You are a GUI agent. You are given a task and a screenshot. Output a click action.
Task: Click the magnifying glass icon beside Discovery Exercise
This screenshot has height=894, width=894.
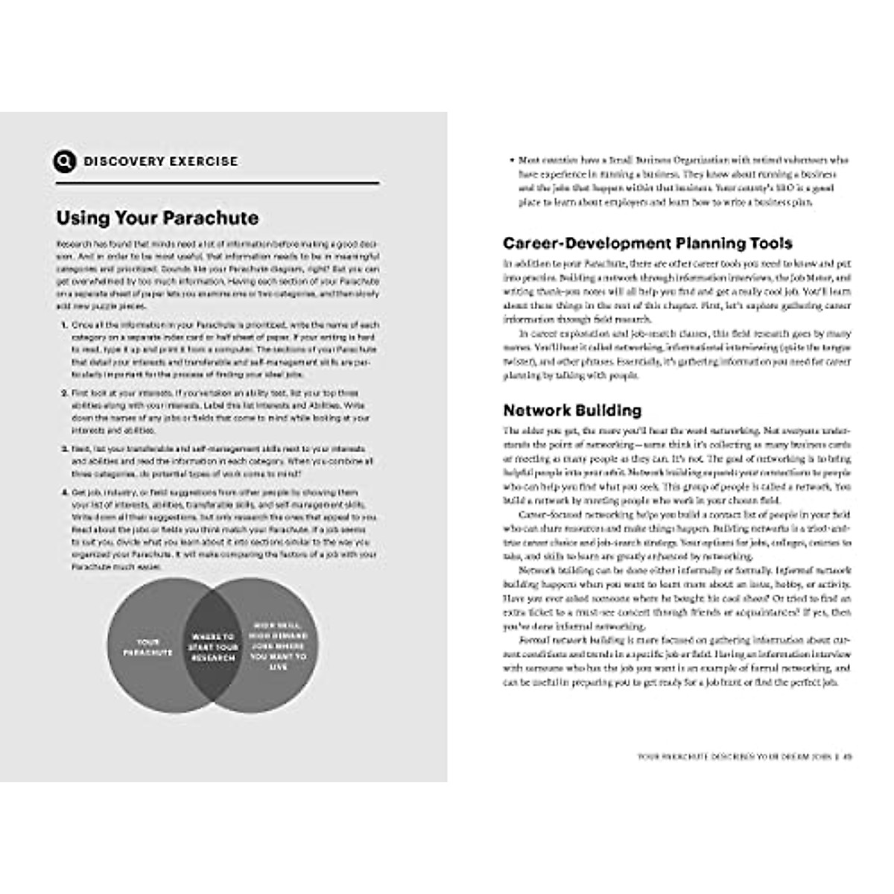65,161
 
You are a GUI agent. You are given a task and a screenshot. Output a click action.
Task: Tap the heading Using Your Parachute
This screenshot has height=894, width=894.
157,218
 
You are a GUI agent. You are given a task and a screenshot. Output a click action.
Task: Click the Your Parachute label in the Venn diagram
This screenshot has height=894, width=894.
148,647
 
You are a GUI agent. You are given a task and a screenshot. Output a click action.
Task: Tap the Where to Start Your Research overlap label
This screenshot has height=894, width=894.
213,647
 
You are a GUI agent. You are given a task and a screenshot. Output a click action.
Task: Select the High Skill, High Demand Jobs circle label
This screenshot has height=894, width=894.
278,647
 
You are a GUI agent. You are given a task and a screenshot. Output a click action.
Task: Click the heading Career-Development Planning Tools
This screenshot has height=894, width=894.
647,243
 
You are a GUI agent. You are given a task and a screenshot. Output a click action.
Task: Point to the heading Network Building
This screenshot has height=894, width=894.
572,410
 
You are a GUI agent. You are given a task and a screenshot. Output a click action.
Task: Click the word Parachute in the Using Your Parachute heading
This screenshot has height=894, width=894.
212,218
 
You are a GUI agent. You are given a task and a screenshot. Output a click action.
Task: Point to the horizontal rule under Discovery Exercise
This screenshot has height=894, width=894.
217,183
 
